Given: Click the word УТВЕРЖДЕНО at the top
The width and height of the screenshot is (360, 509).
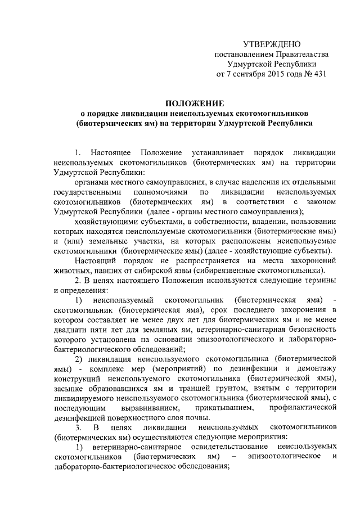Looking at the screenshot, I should tap(272, 44).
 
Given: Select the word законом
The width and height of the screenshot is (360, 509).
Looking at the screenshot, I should tap(321, 201).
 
